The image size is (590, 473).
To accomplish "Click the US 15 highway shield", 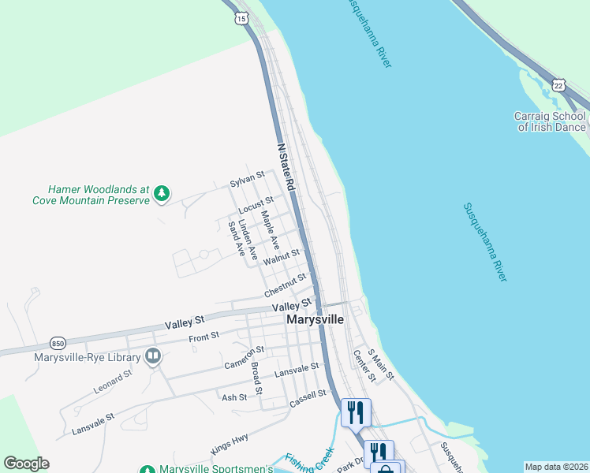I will [241, 17].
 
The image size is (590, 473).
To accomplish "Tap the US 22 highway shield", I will [558, 84].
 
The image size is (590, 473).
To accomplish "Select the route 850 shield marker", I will [57, 343].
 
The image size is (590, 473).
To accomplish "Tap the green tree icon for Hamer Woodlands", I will [162, 192].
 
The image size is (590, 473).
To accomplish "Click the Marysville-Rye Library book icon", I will [153, 357].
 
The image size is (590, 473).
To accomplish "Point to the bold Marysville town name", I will [315, 320].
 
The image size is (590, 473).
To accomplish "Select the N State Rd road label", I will [286, 168].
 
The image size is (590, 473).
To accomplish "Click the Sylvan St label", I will [246, 181].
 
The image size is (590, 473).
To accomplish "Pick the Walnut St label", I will [282, 256].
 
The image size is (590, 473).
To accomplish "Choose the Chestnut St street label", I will [285, 285].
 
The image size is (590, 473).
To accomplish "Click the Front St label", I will [204, 338].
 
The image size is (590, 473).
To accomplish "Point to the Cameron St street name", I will [244, 356].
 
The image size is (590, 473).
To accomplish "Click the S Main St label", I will [381, 365].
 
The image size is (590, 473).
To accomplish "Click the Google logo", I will [26, 464].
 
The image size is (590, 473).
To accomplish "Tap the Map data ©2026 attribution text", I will [555, 467].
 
